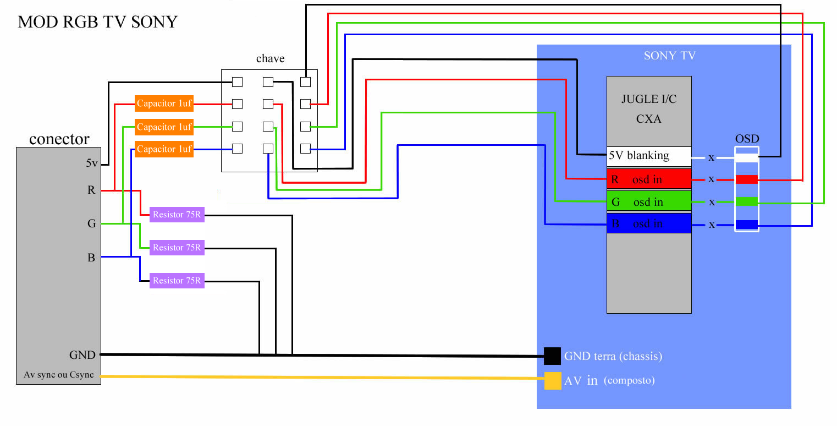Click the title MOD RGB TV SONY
click(x=98, y=22)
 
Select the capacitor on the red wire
click(x=164, y=103)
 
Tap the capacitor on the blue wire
click(x=164, y=149)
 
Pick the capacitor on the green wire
click(x=164, y=127)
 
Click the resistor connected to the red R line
click(x=177, y=215)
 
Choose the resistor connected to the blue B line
click(x=177, y=281)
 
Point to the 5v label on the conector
click(x=92, y=163)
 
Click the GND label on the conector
click(x=82, y=355)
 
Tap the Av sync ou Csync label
click(x=59, y=375)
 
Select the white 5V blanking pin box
click(x=649, y=156)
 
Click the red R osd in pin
click(x=649, y=179)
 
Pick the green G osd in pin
click(x=649, y=202)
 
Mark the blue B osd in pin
click(x=649, y=224)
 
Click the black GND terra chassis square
click(x=552, y=356)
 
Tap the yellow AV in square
click(x=552, y=381)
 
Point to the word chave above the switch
click(x=270, y=59)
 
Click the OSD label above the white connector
click(x=747, y=139)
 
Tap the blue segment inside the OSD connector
click(x=747, y=225)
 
